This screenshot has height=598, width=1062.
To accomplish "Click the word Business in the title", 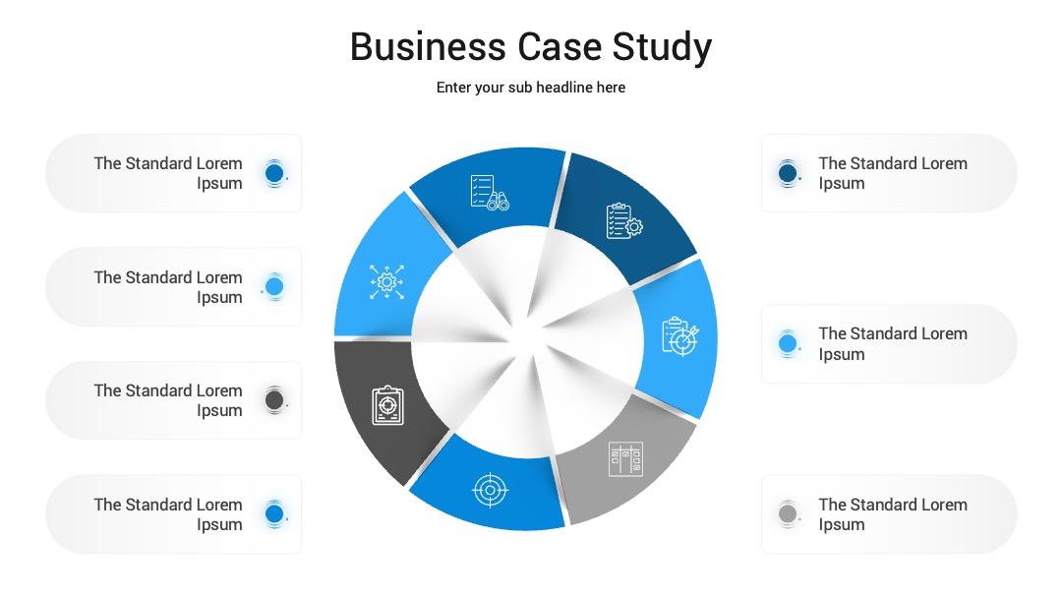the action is (x=428, y=47).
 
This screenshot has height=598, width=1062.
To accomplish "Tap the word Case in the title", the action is (x=560, y=47).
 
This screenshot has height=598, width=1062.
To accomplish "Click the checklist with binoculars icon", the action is (x=490, y=193).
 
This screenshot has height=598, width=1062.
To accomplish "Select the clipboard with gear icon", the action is (x=624, y=220).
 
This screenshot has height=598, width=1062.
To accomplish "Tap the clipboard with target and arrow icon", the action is (x=680, y=336).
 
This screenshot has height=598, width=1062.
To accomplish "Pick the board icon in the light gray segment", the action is (x=625, y=459).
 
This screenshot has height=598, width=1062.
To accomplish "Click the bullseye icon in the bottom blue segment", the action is (x=491, y=490).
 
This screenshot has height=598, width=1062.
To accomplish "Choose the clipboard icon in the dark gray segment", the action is (x=388, y=405).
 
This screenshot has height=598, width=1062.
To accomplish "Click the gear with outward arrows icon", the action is (x=386, y=281).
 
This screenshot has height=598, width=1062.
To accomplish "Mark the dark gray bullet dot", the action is (x=274, y=399).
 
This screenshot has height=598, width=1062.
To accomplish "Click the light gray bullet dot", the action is (x=788, y=513).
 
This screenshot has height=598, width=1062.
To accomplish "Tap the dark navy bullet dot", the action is (x=788, y=173).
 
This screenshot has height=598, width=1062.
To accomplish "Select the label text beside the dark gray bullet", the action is (x=168, y=400).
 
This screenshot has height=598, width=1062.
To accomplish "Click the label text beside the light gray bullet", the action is (x=893, y=514).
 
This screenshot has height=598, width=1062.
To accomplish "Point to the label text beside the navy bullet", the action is (x=893, y=173).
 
